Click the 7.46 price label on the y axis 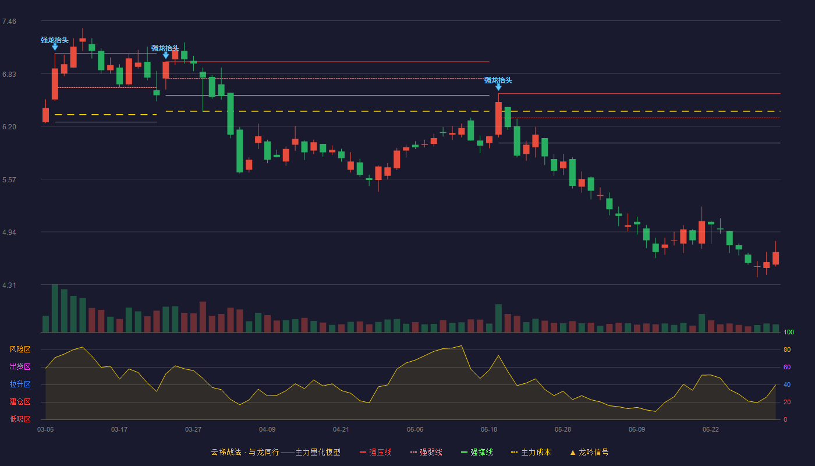pos(9,22)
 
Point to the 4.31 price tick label pos(9,285)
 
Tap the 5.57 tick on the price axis pos(9,180)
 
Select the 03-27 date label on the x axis pos(193,430)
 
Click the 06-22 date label pos(711,430)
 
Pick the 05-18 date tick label pos(489,430)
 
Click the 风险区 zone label pos(20,349)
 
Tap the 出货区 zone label pos(20,366)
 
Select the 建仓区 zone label pos(20,401)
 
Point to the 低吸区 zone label pos(20,419)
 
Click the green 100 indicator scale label pos(789,332)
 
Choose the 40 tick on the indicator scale pos(787,384)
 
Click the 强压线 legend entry pos(375,452)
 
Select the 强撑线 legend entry pos(477,452)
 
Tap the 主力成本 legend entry pos(531,452)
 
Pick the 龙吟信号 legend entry pos(589,452)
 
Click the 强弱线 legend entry pos(426,452)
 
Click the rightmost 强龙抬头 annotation pos(498,80)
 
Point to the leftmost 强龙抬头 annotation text pos(55,40)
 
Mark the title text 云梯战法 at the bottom pos(226,452)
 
